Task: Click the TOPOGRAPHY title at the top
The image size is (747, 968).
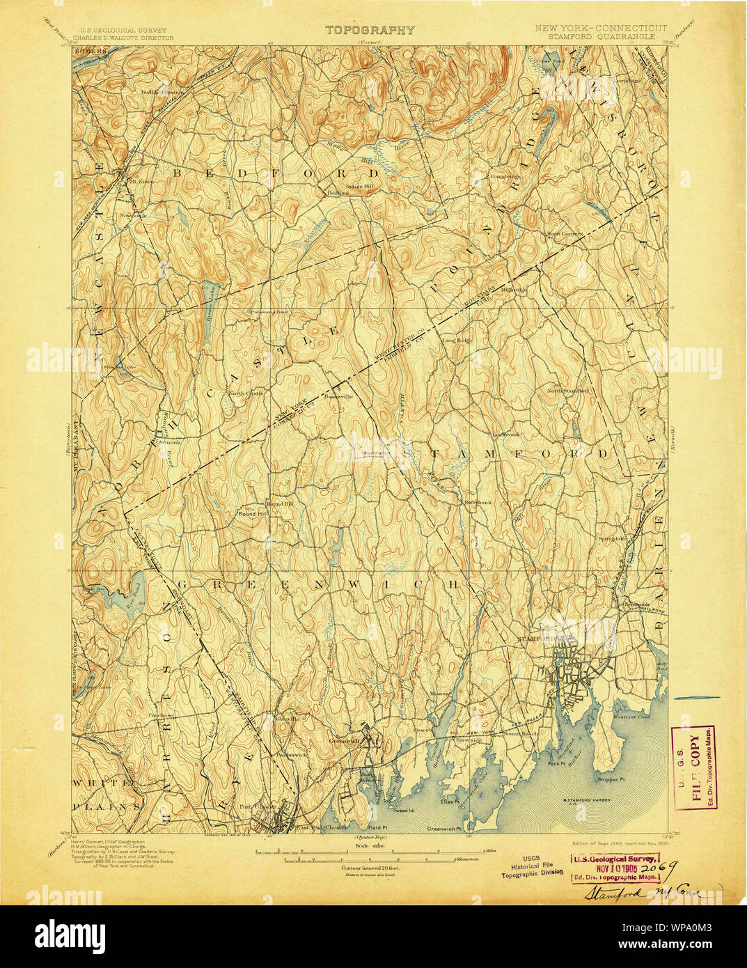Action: point(370,30)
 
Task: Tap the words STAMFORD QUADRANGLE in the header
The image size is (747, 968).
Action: point(600,37)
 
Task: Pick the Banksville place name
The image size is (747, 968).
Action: point(339,397)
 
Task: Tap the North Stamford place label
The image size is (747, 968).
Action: point(567,391)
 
